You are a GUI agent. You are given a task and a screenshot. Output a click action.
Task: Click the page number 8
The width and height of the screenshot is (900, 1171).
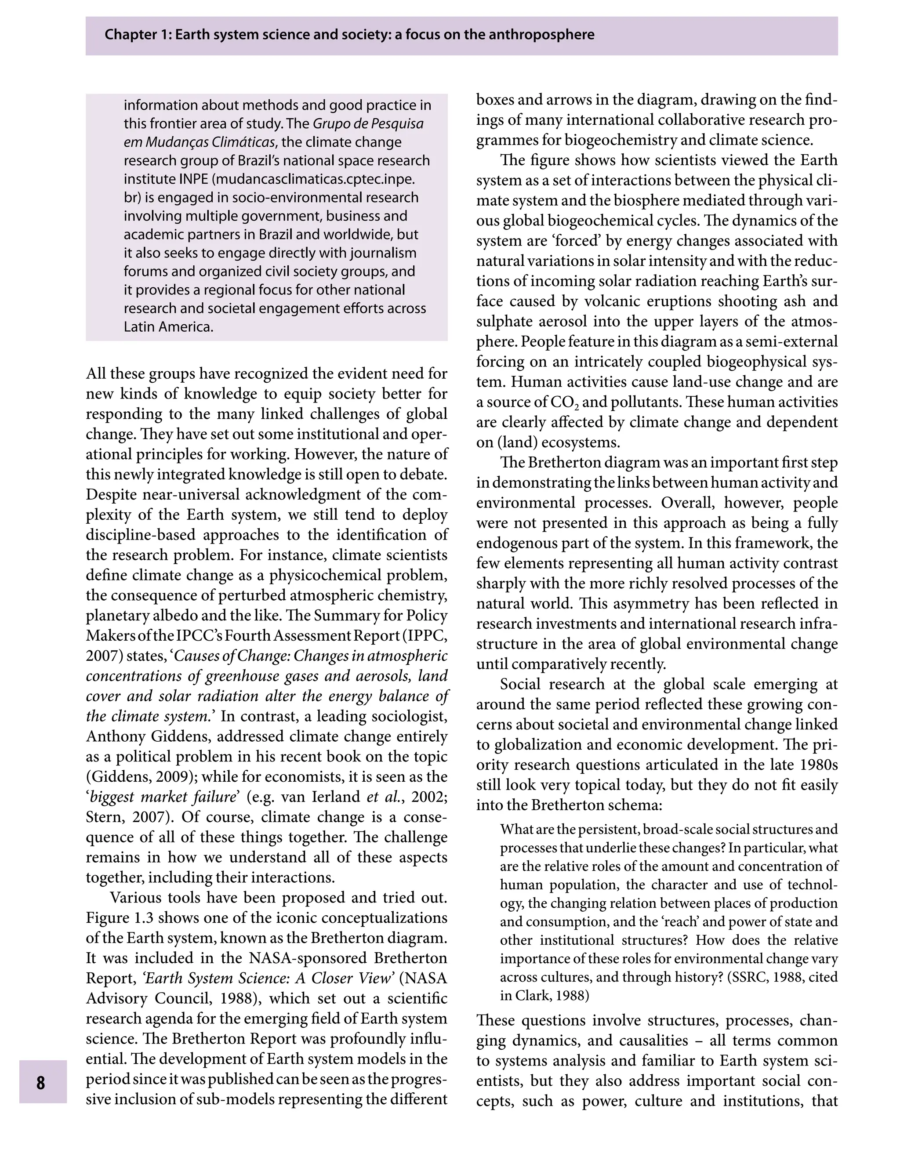point(41,1083)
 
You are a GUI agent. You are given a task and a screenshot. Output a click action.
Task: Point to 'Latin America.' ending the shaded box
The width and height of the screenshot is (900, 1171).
point(168,327)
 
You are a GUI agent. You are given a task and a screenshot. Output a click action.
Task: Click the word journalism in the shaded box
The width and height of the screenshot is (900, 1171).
point(384,253)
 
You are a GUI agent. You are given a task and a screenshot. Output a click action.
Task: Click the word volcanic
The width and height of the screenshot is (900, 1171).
point(614,301)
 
